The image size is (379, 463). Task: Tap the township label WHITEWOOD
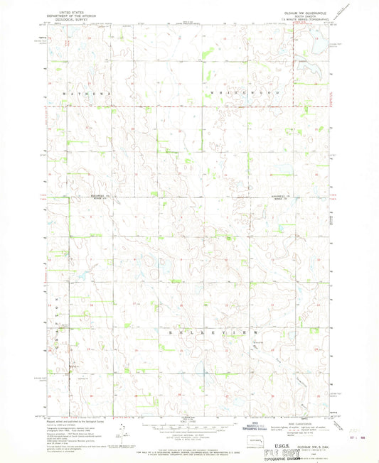point(248,93)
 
